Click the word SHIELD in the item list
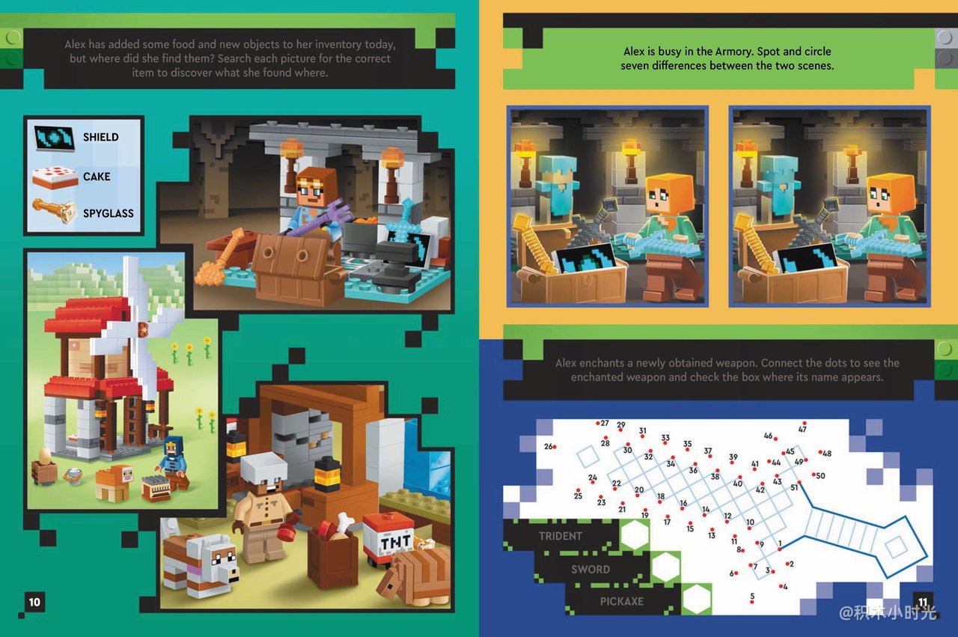(100, 137)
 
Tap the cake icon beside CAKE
(55, 177)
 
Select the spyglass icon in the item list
(53, 211)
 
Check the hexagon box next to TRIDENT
(635, 534)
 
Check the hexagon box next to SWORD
(665, 567)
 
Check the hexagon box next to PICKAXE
(697, 599)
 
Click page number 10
(34, 603)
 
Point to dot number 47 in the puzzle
(805, 423)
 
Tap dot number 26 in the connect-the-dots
(555, 447)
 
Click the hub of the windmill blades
(143, 329)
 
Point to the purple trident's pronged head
(338, 209)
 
